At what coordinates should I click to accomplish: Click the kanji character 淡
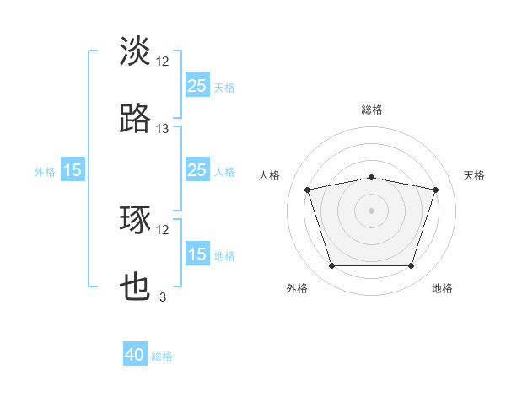pos(136,51)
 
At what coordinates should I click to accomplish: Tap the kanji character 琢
pos(136,220)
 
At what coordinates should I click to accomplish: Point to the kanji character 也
pos(136,287)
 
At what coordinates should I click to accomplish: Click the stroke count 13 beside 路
pos(163,128)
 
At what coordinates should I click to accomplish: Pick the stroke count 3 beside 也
pos(163,297)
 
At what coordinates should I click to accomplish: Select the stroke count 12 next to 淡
pos(163,61)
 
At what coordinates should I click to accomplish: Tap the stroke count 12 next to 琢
pos(163,229)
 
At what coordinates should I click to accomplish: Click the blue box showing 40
pos(136,355)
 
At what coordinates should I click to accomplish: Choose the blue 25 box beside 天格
pos(196,86)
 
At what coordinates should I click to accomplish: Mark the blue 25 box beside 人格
pos(196,170)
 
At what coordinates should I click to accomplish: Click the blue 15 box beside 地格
pos(196,254)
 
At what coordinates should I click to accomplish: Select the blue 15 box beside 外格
pos(73,170)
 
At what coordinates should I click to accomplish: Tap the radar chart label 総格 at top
pos(372,110)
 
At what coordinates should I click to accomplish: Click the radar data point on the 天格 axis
pos(436,190)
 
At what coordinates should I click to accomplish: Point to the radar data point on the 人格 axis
pos(307,190)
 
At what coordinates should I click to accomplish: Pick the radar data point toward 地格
pos(412,266)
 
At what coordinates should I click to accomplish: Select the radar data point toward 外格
pos(331,266)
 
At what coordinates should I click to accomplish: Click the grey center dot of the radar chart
pos(372,211)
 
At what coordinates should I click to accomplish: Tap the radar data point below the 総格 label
pos(372,177)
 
